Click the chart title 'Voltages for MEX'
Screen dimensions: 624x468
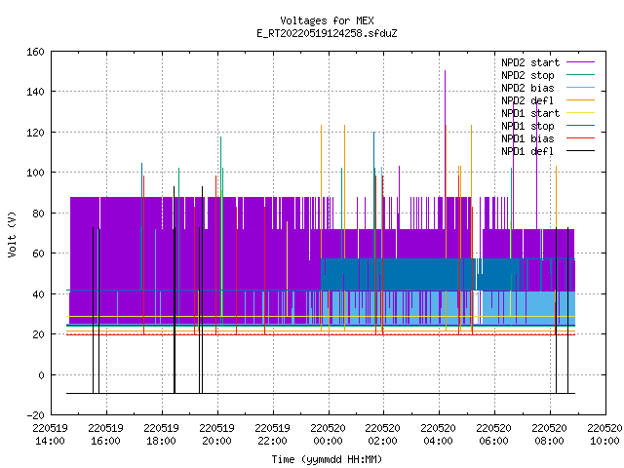(x=327, y=20)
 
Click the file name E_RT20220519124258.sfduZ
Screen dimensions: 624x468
(x=327, y=33)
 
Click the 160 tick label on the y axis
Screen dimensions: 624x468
(x=35, y=52)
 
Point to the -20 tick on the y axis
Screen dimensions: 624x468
(x=35, y=415)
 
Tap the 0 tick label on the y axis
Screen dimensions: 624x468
(x=41, y=374)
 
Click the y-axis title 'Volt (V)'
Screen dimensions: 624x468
(x=13, y=234)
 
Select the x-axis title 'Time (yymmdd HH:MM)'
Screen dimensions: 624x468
(x=327, y=459)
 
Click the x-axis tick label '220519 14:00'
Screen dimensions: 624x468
(x=51, y=435)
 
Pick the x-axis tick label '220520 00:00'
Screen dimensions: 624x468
(x=329, y=435)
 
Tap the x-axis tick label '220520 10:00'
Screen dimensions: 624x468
(x=604, y=435)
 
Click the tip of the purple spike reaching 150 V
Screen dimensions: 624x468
(x=445, y=71)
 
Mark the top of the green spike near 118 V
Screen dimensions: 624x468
(x=221, y=137)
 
